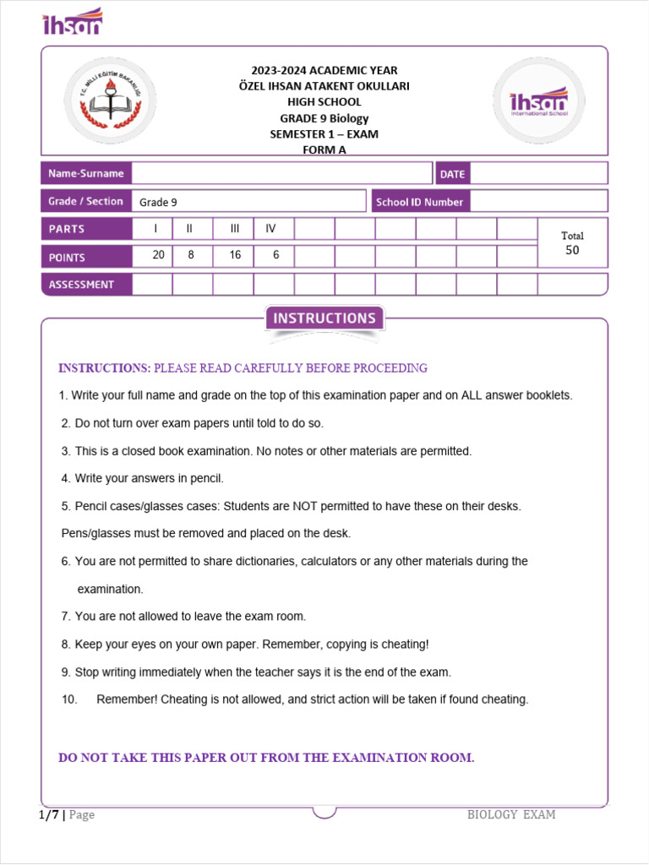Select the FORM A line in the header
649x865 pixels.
(324, 150)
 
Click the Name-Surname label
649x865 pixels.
(85, 173)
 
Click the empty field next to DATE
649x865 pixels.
(537, 173)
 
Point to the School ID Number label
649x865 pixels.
(419, 202)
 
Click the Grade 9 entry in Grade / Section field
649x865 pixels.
(158, 202)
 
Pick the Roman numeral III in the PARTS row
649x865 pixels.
(234, 229)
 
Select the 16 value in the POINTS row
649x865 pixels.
(234, 255)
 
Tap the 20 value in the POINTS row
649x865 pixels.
(158, 255)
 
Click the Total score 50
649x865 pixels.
(572, 250)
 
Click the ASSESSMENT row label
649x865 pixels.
(81, 285)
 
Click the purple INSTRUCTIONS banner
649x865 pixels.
(324, 318)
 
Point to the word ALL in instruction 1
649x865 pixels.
(476, 395)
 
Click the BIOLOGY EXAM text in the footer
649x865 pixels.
(511, 814)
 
